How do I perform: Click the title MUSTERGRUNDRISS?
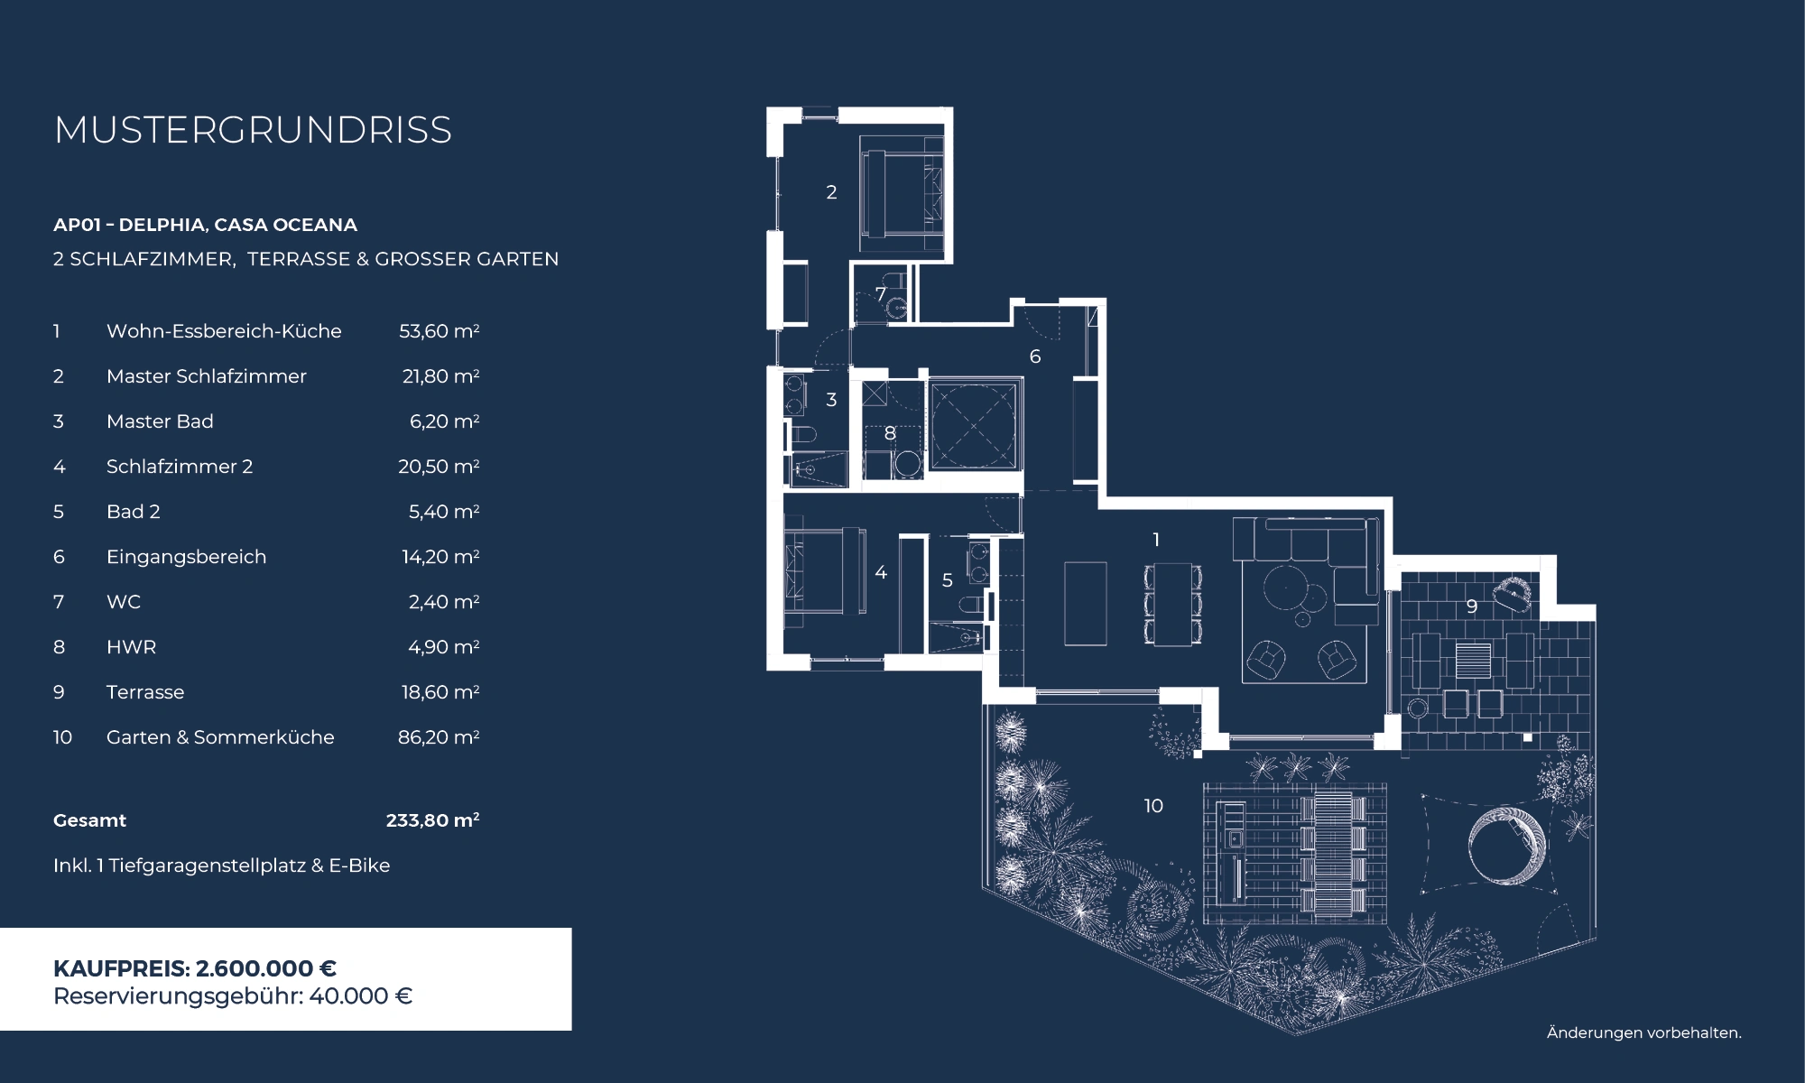tap(253, 130)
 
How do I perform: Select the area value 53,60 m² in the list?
tap(439, 331)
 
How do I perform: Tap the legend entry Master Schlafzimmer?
tap(206, 376)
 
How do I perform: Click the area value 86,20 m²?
tap(439, 737)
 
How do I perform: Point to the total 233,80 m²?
tap(432, 820)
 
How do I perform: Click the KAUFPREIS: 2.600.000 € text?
tap(195, 968)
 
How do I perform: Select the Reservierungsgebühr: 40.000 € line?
tap(233, 996)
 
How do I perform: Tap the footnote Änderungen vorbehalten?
tap(1643, 1032)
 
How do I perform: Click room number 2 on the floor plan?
tap(831, 192)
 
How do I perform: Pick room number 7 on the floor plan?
tap(880, 294)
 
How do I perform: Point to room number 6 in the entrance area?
tap(1035, 356)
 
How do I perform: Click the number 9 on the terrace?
tap(1471, 606)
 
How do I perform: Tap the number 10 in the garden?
tap(1153, 806)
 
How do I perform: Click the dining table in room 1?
tap(1173, 604)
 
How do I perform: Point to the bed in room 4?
tap(824, 572)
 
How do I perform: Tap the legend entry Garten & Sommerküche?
tap(220, 737)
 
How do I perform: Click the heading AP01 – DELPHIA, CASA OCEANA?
tap(205, 225)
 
